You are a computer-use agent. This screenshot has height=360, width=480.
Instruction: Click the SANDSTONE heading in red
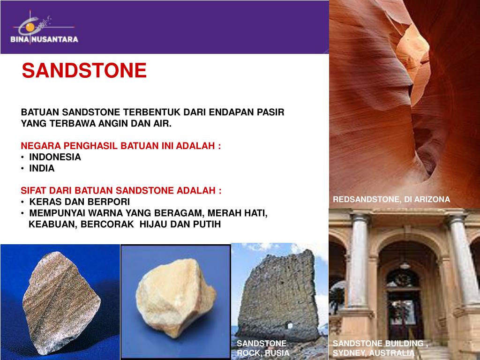[x=84, y=71]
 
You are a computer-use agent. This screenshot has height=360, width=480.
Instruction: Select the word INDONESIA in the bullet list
[x=55, y=157]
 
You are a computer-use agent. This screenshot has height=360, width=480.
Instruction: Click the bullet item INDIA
[x=42, y=168]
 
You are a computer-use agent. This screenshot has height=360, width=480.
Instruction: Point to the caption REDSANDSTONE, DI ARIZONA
[x=391, y=200]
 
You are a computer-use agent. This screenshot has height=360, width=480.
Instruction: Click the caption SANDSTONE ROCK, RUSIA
[x=262, y=348]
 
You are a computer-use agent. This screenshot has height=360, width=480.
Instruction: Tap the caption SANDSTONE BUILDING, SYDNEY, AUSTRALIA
[x=380, y=348]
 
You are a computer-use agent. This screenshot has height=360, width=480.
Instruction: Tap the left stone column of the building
[x=360, y=262]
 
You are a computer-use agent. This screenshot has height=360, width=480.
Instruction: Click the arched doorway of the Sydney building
[x=404, y=300]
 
